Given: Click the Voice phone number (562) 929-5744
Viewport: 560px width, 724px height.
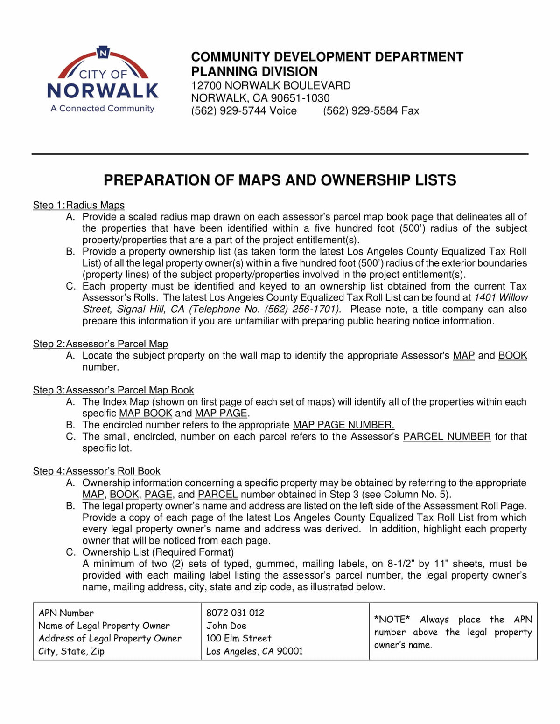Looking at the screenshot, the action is (244, 111).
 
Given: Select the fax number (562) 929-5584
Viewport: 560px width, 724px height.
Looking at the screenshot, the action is (371, 111).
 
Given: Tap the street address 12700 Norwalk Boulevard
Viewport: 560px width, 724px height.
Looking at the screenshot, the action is (271, 86).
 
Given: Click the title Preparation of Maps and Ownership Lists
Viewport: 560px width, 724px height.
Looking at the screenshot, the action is (280, 180).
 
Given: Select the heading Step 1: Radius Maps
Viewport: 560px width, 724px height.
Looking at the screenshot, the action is (78, 205).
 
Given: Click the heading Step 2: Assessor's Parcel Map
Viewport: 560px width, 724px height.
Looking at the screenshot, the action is (100, 344).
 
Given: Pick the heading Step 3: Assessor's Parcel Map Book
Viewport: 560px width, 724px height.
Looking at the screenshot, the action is (113, 390).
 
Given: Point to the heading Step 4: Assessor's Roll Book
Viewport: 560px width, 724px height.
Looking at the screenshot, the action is (97, 471).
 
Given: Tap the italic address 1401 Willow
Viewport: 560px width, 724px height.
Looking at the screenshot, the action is (501, 298).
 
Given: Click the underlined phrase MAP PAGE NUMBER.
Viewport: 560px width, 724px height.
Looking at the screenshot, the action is (343, 425).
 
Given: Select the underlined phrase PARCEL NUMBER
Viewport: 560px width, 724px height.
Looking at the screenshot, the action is (447, 437).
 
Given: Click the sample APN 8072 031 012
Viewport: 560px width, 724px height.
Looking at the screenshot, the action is (235, 613).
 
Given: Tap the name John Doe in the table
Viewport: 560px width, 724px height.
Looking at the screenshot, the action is (226, 626).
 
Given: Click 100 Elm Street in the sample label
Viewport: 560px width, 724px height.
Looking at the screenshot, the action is (238, 639).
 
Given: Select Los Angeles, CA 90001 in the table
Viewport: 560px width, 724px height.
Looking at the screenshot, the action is (254, 651).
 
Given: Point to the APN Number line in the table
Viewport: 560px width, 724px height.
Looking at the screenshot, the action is (66, 613).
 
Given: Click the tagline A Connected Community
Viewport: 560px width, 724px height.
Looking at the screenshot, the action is (103, 109).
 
